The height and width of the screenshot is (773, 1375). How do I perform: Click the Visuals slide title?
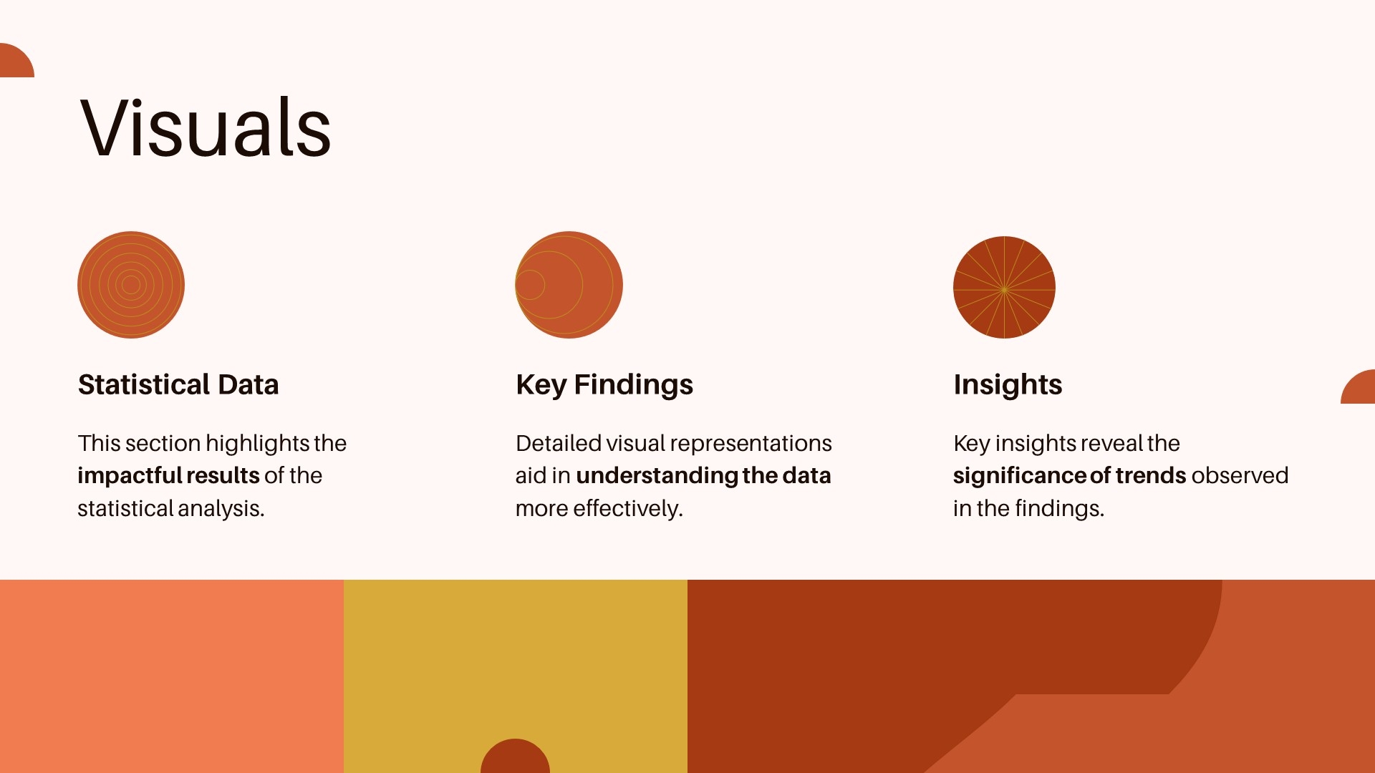(206, 127)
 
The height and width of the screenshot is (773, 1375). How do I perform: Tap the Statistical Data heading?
(178, 384)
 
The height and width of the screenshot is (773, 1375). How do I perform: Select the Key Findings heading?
(604, 385)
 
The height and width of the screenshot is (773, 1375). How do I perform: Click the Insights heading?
(1008, 385)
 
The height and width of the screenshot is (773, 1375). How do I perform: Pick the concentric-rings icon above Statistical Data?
(131, 285)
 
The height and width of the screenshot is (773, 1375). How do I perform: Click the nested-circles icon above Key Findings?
(569, 285)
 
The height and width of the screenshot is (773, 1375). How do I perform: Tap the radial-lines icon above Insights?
(1004, 287)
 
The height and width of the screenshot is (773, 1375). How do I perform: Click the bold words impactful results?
(168, 475)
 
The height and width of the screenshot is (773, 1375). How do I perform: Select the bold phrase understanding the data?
(703, 476)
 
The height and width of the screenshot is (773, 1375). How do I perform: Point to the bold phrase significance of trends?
(1069, 476)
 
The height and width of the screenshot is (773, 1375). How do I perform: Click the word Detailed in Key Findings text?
(559, 443)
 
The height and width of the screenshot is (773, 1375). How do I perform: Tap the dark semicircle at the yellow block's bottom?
(515, 757)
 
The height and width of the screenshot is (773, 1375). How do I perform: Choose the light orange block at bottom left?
(172, 676)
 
